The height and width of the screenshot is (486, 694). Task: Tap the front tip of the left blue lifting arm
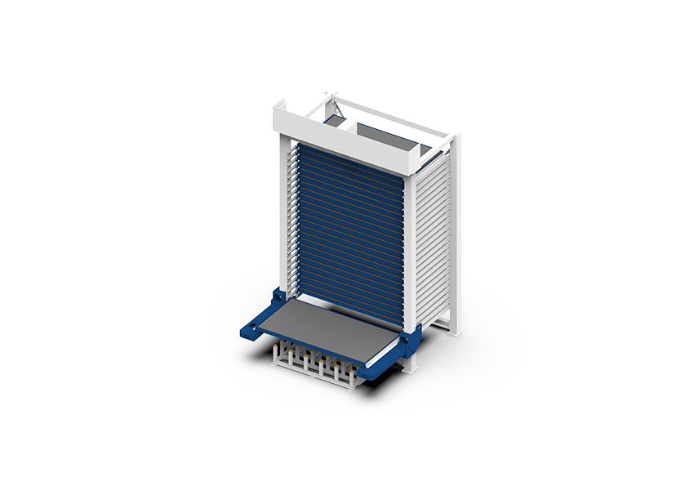(245, 332)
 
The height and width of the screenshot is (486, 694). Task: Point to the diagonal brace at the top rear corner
(331, 105)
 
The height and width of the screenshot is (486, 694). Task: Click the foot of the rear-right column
(456, 331)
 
